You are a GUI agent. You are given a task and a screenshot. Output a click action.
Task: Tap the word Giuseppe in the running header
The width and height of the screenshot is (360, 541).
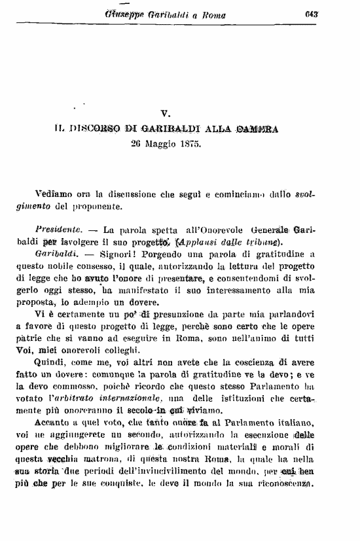point(123,14)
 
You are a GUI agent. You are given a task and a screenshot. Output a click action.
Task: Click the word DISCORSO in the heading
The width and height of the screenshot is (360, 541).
point(105,129)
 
